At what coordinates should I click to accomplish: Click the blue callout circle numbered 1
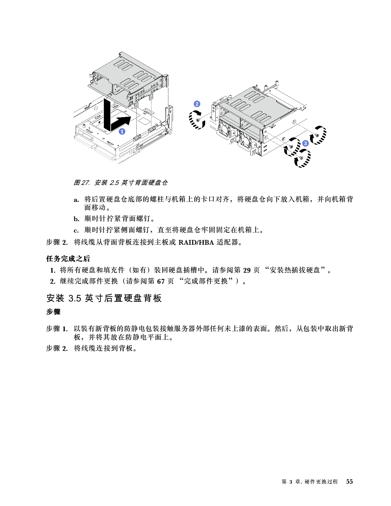coord(122,132)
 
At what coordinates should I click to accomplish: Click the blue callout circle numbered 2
coord(197,104)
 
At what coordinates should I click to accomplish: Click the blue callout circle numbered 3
coord(305,143)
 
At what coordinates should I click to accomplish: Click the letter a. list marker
coord(76,200)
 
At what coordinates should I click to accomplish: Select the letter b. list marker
coord(76,219)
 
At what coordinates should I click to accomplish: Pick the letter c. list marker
coord(76,230)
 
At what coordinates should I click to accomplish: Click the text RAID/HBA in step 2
coord(196,242)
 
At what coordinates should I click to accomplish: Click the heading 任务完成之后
coord(68,259)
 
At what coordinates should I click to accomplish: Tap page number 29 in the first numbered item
coord(247,270)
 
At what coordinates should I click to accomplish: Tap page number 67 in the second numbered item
coord(161,281)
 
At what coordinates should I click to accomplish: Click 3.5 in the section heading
coord(75,298)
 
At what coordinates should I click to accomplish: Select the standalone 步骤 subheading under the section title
coord(53,312)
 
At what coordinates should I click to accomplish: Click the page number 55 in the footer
coord(349,482)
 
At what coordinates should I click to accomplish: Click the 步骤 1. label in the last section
coord(57,329)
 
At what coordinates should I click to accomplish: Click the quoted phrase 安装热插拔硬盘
coord(295,270)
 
